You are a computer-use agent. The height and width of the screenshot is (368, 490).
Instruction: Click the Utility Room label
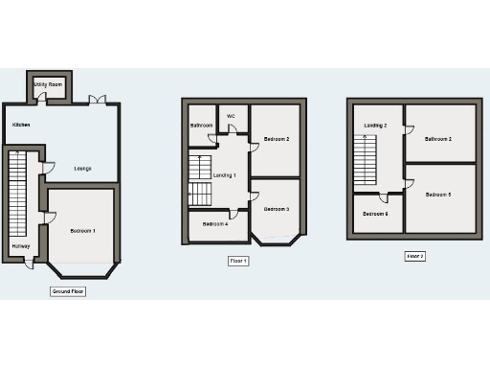point(48,85)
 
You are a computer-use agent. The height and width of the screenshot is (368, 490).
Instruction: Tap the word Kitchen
point(21,125)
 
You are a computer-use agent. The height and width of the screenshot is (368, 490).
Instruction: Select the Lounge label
point(83,169)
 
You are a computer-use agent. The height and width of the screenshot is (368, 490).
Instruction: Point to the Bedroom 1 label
point(82,231)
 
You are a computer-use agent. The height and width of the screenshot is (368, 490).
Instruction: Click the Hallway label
point(20,247)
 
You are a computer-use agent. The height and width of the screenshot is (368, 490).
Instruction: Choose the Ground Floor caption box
point(68,290)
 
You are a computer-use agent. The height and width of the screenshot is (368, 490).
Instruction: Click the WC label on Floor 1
point(231,116)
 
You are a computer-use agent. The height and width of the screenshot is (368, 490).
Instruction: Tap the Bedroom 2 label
point(277,140)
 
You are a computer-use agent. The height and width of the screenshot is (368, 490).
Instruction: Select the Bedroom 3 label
point(277,209)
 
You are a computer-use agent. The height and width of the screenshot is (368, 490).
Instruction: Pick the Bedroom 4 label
point(214,224)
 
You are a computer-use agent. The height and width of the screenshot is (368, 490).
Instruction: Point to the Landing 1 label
point(224,175)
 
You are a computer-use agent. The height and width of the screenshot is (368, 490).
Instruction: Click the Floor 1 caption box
point(238,261)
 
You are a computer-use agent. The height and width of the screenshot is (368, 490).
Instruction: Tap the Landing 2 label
point(375,126)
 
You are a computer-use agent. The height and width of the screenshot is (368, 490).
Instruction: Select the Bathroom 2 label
point(438,140)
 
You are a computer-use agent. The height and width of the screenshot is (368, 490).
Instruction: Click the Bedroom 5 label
point(438,195)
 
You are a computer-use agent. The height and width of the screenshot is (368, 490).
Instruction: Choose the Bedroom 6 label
point(375,214)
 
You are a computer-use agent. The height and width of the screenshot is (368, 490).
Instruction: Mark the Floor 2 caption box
point(414,256)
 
